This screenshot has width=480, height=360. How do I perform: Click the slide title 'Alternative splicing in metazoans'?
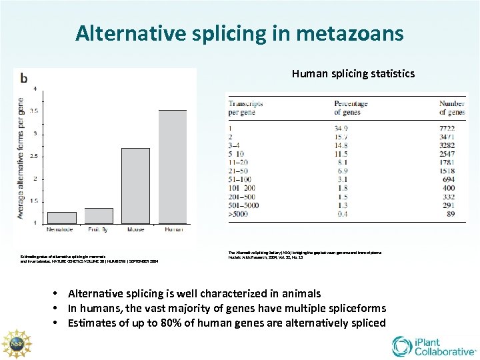coord(239,33)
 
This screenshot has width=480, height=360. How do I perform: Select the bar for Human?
coord(172,167)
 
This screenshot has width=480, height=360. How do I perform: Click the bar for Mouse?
coord(135,186)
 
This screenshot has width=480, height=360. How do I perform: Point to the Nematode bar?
coord(62,217)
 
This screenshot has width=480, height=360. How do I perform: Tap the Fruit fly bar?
coord(99,215)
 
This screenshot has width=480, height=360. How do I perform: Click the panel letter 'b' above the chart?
coord(24,79)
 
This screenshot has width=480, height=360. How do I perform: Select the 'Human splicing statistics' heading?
coord(353,73)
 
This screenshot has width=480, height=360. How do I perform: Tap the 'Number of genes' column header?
coord(452,108)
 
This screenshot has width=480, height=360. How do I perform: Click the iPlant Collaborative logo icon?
coord(403,345)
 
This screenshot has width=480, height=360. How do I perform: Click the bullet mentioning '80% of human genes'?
coord(227,323)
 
